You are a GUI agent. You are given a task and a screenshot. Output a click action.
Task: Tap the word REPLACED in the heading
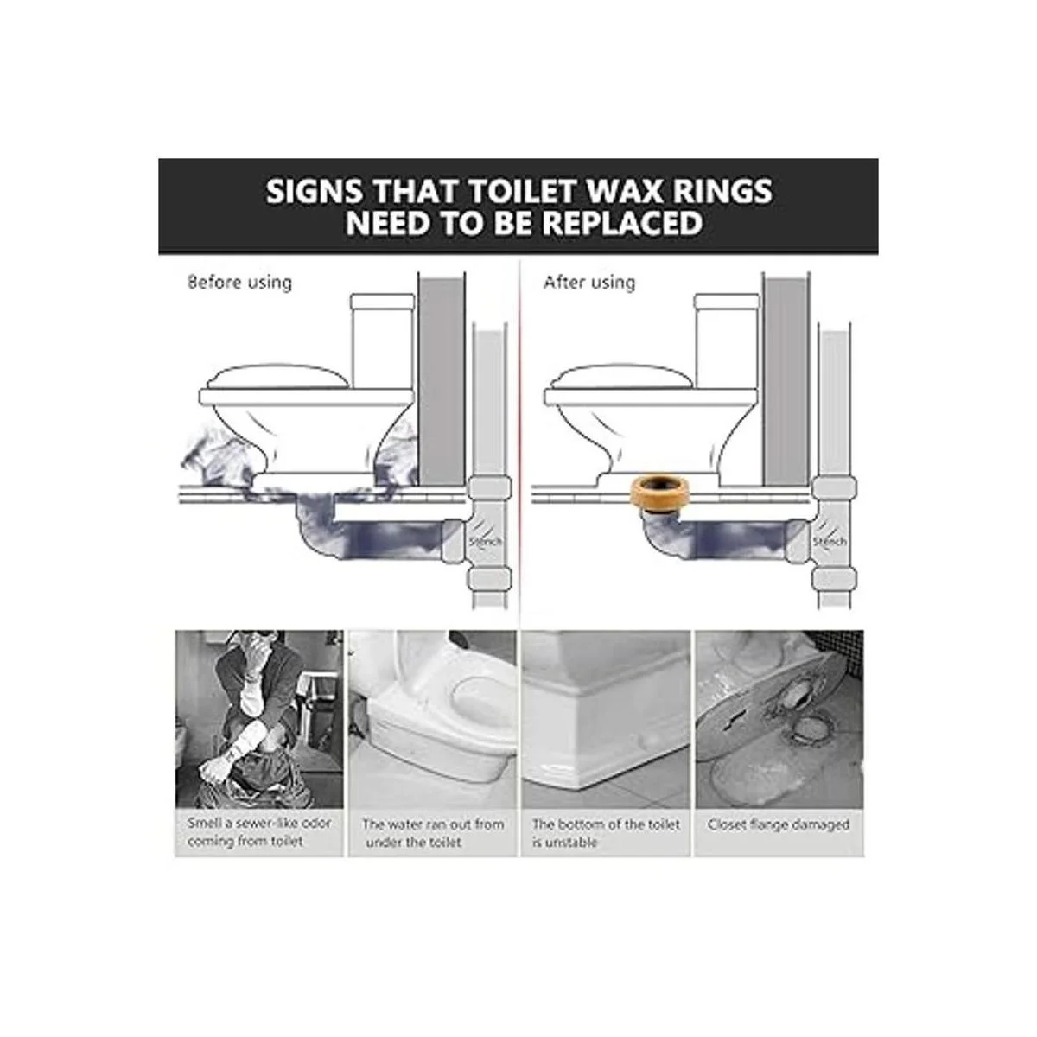coord(622,223)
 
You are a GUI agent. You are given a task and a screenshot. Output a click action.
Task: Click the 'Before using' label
coord(239,282)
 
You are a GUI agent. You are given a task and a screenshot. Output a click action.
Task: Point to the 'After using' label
coord(589,282)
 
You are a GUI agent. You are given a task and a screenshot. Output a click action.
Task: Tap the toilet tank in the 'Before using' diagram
coord(383,340)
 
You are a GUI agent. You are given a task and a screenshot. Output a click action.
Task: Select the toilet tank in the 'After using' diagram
coord(728,340)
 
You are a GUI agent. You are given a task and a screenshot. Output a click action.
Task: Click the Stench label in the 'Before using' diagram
coord(485,541)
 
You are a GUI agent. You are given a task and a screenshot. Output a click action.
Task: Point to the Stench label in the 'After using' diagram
coord(830,541)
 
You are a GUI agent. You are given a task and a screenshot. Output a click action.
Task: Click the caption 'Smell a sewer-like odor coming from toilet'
coord(259,831)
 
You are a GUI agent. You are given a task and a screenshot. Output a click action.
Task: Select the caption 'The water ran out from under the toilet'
coord(432,832)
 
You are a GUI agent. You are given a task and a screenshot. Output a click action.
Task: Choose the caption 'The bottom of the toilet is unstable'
coord(606,832)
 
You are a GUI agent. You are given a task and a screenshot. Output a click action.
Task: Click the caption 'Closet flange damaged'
coord(779,824)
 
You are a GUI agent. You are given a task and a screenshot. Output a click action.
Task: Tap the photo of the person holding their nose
coord(259,719)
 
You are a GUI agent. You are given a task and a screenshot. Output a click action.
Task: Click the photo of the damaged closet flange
coord(779,719)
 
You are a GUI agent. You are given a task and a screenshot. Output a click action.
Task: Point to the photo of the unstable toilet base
coord(606,719)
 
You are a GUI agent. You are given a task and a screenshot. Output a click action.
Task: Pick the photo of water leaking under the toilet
coord(432,719)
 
